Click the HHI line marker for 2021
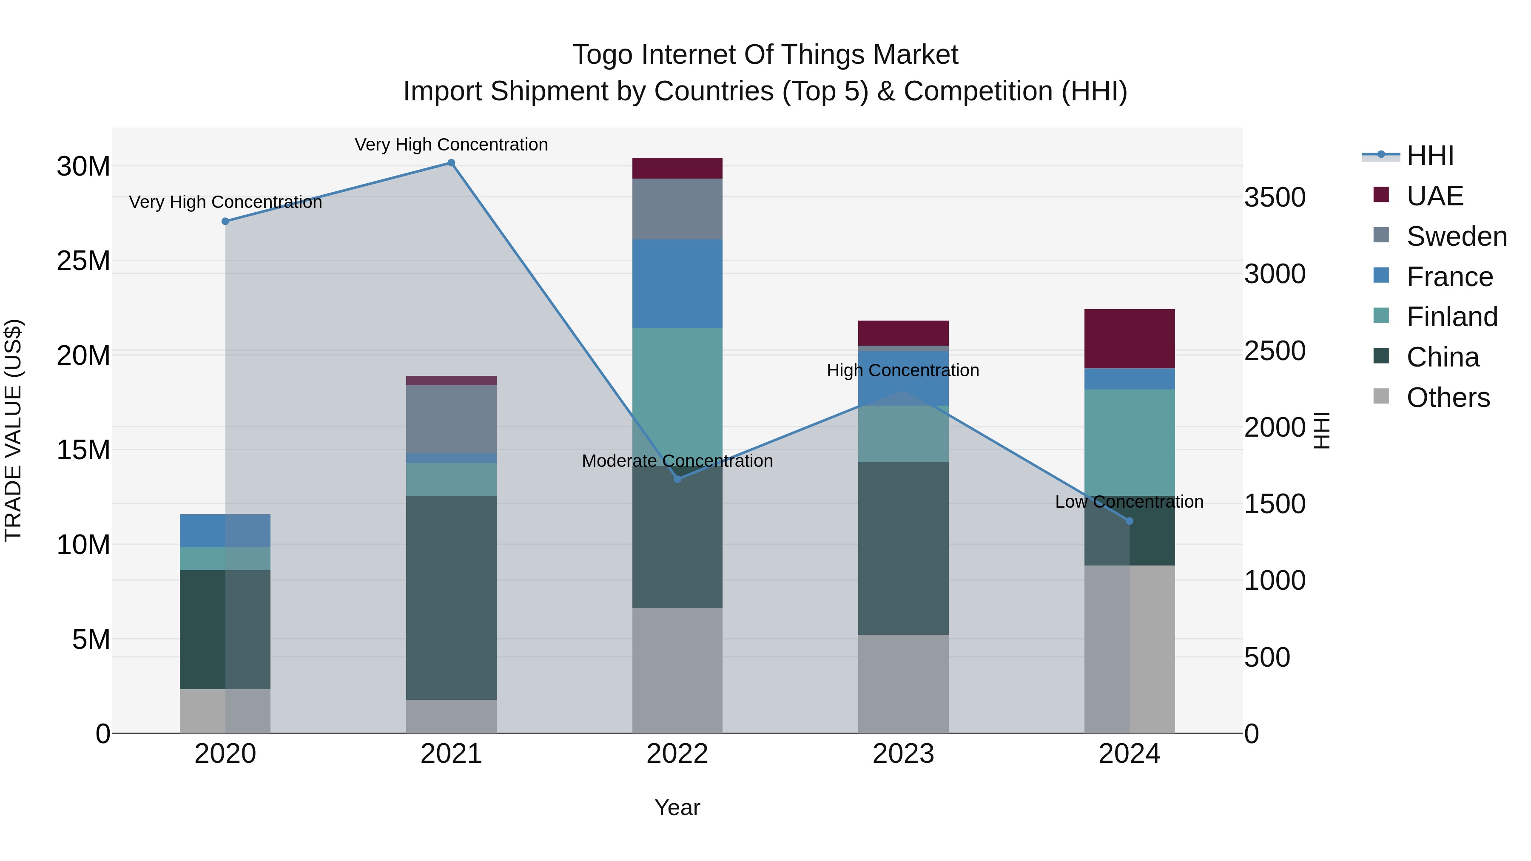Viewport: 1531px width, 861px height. tap(451, 163)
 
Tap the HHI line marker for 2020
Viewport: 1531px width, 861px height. tap(225, 221)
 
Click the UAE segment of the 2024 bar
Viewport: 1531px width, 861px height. tap(1129, 339)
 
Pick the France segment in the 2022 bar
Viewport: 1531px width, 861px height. tap(677, 284)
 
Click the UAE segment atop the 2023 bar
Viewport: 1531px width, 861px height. tap(903, 333)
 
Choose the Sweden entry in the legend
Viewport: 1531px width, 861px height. tap(1456, 236)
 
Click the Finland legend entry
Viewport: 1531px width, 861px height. tap(1451, 317)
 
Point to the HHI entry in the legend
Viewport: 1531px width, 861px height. tap(1430, 156)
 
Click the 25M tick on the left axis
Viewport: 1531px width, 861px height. tap(83, 261)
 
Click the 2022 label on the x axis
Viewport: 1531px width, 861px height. tap(677, 754)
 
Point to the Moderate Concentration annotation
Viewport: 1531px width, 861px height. tap(677, 460)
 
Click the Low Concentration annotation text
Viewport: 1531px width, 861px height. tap(1129, 502)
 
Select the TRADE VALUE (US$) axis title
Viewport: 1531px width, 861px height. tap(13, 430)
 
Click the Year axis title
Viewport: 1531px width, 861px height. tap(677, 807)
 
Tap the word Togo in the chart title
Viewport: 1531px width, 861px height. tap(601, 55)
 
